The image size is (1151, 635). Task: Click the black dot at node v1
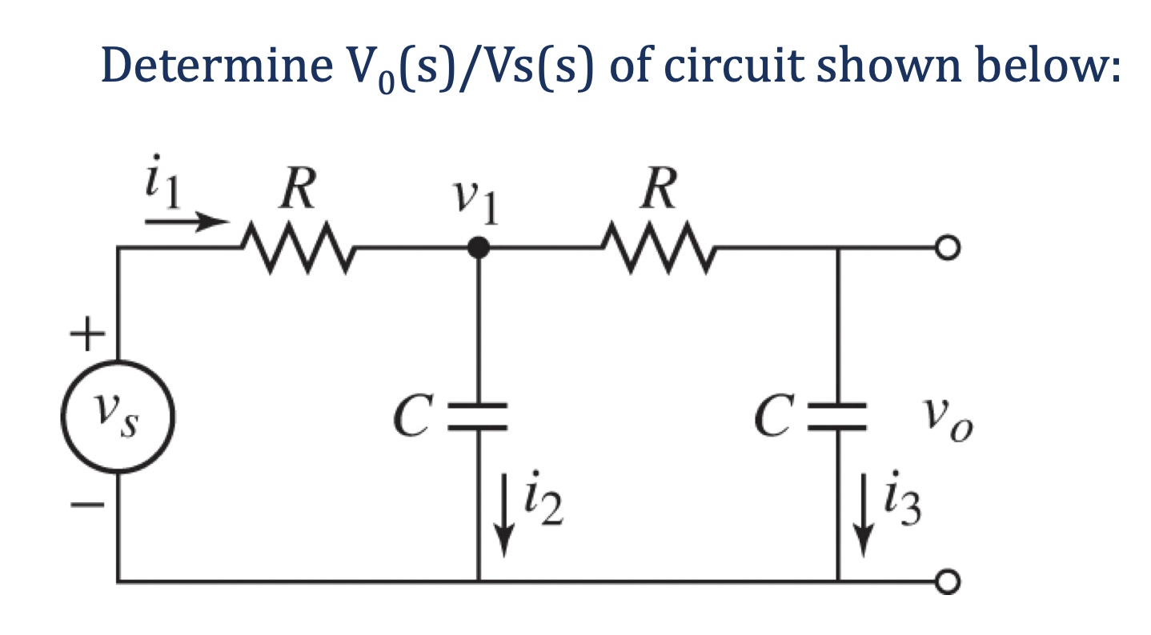coord(478,248)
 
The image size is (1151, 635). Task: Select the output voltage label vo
coord(948,417)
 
